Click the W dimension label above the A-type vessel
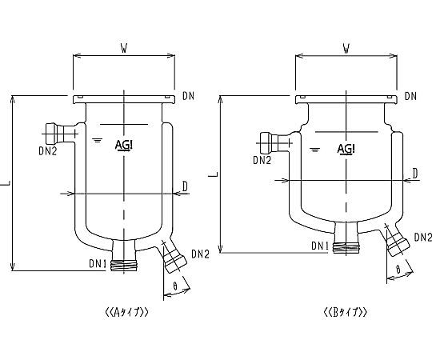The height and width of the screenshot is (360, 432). (124, 49)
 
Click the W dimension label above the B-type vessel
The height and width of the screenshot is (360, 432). (346, 49)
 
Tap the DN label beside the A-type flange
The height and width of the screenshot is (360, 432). (189, 96)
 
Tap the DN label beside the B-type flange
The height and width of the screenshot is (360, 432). (410, 96)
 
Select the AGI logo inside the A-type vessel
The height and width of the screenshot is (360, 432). (124, 145)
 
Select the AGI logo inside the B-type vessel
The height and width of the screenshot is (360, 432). (346, 149)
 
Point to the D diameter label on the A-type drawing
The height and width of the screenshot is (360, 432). (185, 186)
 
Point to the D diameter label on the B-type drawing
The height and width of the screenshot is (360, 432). (415, 174)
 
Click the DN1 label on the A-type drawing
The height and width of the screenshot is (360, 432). (98, 264)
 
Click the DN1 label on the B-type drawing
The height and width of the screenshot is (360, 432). (320, 246)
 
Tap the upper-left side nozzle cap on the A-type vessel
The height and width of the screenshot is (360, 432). (51, 134)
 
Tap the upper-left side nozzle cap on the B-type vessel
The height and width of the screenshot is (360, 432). (266, 143)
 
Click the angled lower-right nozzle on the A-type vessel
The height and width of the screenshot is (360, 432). (173, 257)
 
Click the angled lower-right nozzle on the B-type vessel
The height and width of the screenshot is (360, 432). (396, 240)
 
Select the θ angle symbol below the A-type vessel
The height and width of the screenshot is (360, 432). (175, 286)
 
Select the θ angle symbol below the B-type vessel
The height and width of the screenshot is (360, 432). (398, 270)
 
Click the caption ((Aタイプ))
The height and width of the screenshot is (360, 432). (127, 312)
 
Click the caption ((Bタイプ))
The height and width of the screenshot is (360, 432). (346, 312)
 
